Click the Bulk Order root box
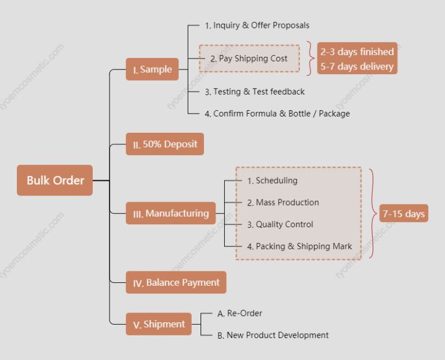[x=55, y=180]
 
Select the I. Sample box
[x=152, y=70]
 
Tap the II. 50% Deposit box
[x=165, y=144]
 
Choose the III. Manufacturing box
[x=171, y=213]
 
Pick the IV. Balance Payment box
[x=176, y=283]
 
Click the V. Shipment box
[x=159, y=324]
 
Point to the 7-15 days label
[x=403, y=214]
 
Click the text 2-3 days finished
[x=357, y=52]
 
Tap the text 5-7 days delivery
[x=357, y=66]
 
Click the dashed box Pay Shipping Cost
[x=249, y=59]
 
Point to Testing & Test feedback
[x=254, y=92]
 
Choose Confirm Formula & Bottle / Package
[x=277, y=114]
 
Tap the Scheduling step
[x=272, y=181]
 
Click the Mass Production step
[x=283, y=202]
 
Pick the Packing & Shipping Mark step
[x=300, y=246]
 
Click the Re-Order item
[x=239, y=313]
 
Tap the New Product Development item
[x=272, y=335]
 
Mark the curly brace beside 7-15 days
[x=373, y=213]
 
